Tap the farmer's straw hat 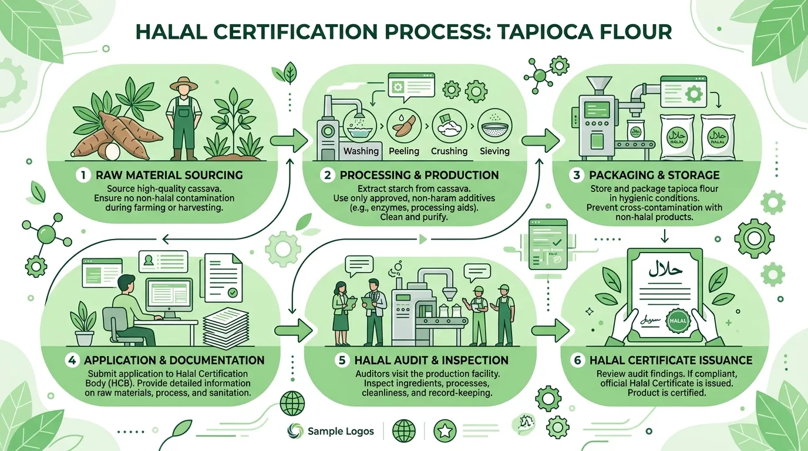pos(184,84)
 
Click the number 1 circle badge pos(83,176)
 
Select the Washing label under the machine pos(361,151)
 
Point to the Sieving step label pos(494,151)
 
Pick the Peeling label pos(404,151)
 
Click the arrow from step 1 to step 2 pos(288,141)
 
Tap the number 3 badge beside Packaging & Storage pos(577,176)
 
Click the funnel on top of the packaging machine pos(599,86)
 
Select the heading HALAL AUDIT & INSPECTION pos(432,360)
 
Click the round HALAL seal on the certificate pos(678,321)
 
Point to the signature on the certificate pos(651,319)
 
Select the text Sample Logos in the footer pos(341,431)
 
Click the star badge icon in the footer pos(445,431)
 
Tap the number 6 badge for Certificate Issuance pos(577,361)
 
